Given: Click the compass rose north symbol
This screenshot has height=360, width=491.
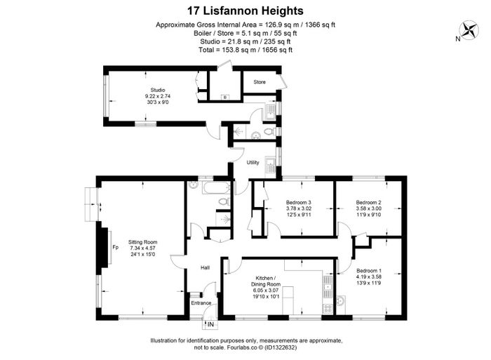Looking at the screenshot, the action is (469, 30).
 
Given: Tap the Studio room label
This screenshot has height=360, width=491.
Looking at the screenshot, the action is (158, 90).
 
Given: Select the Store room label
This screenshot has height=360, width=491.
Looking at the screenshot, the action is (260, 82).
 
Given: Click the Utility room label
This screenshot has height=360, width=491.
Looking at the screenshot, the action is (253, 162).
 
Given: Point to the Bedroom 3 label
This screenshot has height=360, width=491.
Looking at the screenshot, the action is (298, 202).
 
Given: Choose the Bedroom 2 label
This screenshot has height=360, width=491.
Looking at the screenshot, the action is (368, 202).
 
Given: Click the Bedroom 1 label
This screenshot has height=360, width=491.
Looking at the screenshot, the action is (369, 271).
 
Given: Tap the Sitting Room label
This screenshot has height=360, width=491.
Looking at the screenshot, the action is (143, 242).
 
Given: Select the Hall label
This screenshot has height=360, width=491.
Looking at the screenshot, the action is (205, 267).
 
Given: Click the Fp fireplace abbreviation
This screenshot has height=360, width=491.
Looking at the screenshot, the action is (116, 248).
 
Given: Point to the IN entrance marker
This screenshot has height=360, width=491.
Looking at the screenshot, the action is (210, 325).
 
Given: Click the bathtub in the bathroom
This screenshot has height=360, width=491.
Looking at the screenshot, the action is (216, 188).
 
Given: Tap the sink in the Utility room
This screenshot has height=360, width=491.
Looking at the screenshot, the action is (270, 167).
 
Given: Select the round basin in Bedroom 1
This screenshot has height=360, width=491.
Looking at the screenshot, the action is (341, 301).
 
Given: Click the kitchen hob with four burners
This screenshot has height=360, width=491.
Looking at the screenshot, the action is (328, 309).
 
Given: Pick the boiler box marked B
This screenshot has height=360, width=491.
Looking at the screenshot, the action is (225, 97).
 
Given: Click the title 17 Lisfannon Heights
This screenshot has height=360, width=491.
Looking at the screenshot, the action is (245, 11).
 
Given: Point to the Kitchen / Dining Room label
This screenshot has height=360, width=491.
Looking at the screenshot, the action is (266, 281).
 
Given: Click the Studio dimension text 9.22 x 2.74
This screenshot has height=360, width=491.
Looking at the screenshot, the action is (158, 96).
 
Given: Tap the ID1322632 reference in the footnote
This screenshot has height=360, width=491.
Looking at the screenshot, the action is (281, 347).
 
